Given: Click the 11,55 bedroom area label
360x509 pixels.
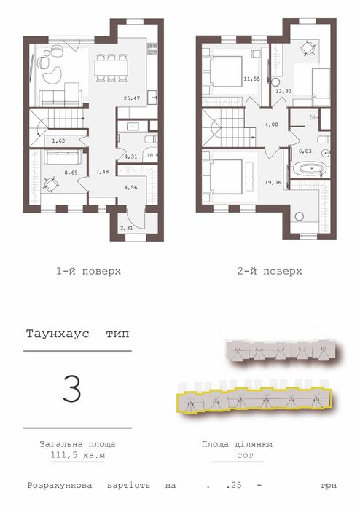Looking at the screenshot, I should coord(252,80).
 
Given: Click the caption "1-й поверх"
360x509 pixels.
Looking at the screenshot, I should coord(88,271).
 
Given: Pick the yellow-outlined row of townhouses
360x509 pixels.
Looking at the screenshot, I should coord(254,401).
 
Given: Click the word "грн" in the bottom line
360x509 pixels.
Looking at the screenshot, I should coord(329,484).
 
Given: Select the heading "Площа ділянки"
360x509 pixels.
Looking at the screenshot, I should coord(236,443).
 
